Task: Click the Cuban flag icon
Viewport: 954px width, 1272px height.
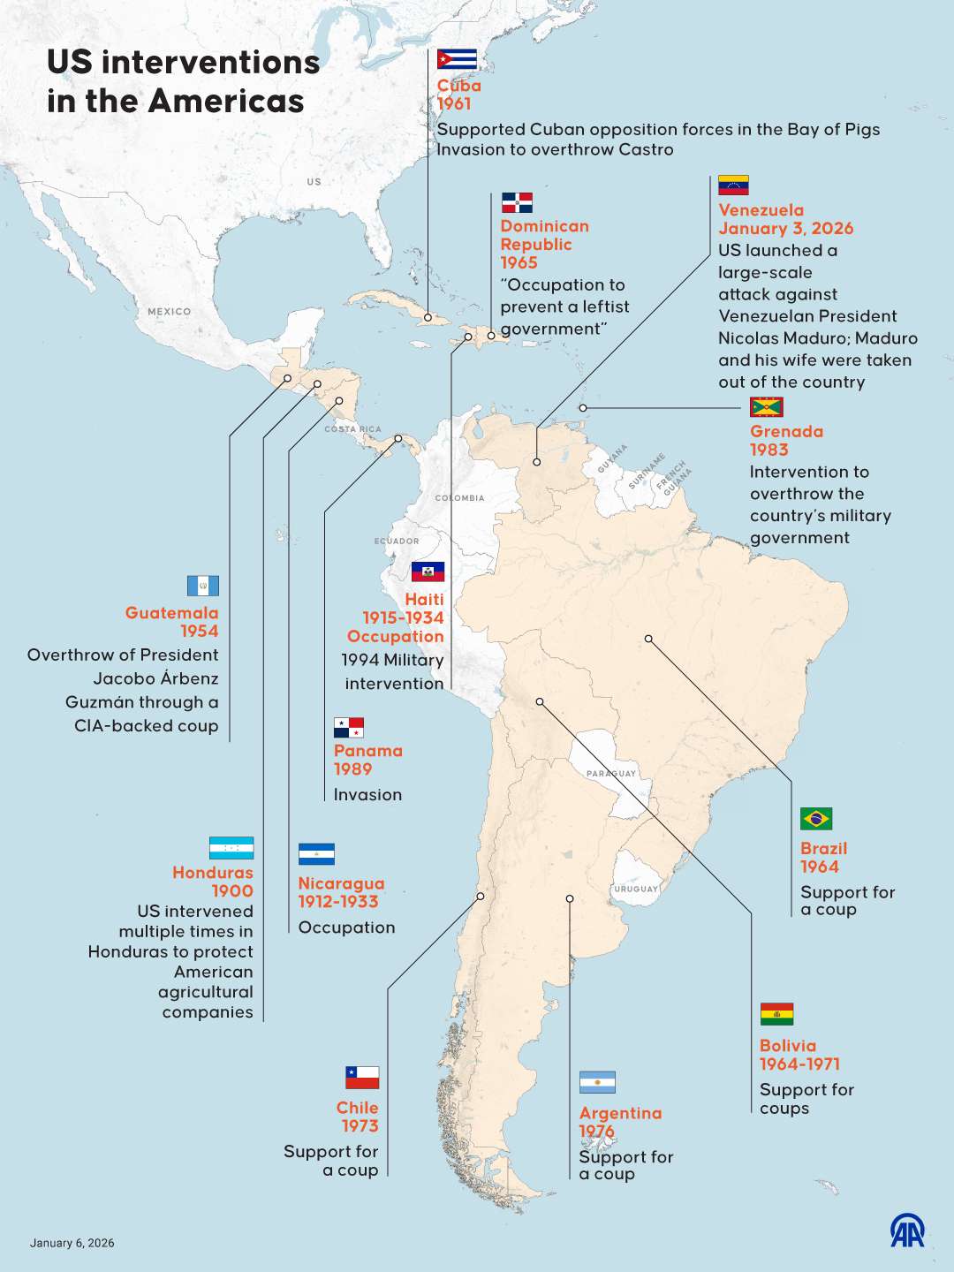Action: coord(457,59)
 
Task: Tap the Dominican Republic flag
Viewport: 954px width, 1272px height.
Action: coord(517,202)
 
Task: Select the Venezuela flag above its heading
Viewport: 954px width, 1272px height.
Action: coord(733,185)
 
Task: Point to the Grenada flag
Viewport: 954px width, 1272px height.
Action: coord(766,407)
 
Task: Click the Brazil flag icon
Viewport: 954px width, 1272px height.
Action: coord(816,819)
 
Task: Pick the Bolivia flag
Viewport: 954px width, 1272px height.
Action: coord(776,1014)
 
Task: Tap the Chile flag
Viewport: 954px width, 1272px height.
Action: coord(362,1078)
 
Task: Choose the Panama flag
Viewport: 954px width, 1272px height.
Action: coord(349,728)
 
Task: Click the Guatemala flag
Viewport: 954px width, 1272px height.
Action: coord(203,586)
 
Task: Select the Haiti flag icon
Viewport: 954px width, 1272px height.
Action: coord(428,572)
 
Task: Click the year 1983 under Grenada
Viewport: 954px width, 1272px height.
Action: coord(768,450)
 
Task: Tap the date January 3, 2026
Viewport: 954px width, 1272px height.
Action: coord(785,229)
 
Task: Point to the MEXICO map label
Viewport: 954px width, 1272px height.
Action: coord(169,312)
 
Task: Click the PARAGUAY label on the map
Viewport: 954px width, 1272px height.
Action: coord(610,774)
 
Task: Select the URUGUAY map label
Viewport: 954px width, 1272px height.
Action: coord(636,889)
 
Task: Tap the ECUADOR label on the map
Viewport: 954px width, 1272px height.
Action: coord(397,541)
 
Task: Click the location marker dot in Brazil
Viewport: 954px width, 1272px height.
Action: coord(648,639)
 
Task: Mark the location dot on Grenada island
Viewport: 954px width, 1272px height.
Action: coord(583,408)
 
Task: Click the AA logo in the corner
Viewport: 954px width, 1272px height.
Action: coord(907,1230)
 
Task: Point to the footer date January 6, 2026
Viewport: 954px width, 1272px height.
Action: coord(72,1243)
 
